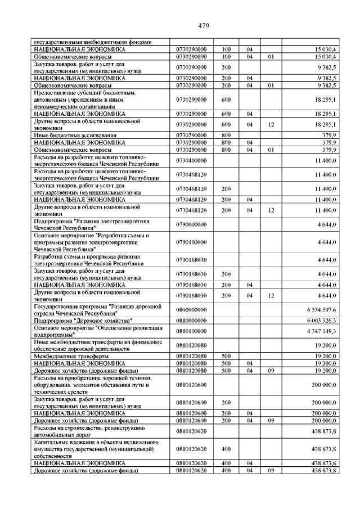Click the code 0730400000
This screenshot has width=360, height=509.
point(191,160)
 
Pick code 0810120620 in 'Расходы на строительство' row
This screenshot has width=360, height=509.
point(191,431)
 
